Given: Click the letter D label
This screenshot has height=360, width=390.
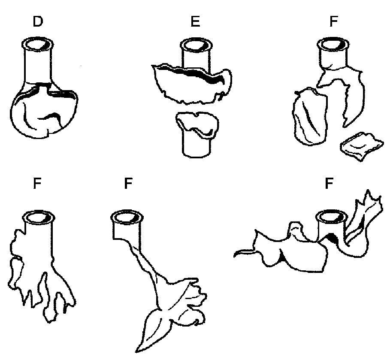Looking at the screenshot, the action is coord(38,22).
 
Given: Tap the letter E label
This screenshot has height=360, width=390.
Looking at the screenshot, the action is coord(195,22).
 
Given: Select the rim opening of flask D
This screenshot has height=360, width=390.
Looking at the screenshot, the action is coord(38,44).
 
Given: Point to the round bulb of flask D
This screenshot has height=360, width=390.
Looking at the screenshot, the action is coord(45,112).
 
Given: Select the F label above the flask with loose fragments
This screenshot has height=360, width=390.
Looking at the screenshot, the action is coord(333,22).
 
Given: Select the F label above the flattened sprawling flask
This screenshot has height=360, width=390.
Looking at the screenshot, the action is coord(329,184).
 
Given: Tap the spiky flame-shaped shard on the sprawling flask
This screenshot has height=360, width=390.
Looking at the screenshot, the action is coord(367,206).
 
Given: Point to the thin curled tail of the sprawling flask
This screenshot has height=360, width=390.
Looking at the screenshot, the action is coord(242,253).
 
